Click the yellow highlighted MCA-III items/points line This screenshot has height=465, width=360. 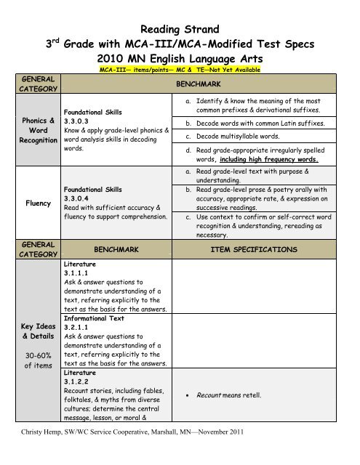[x=179, y=69]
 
